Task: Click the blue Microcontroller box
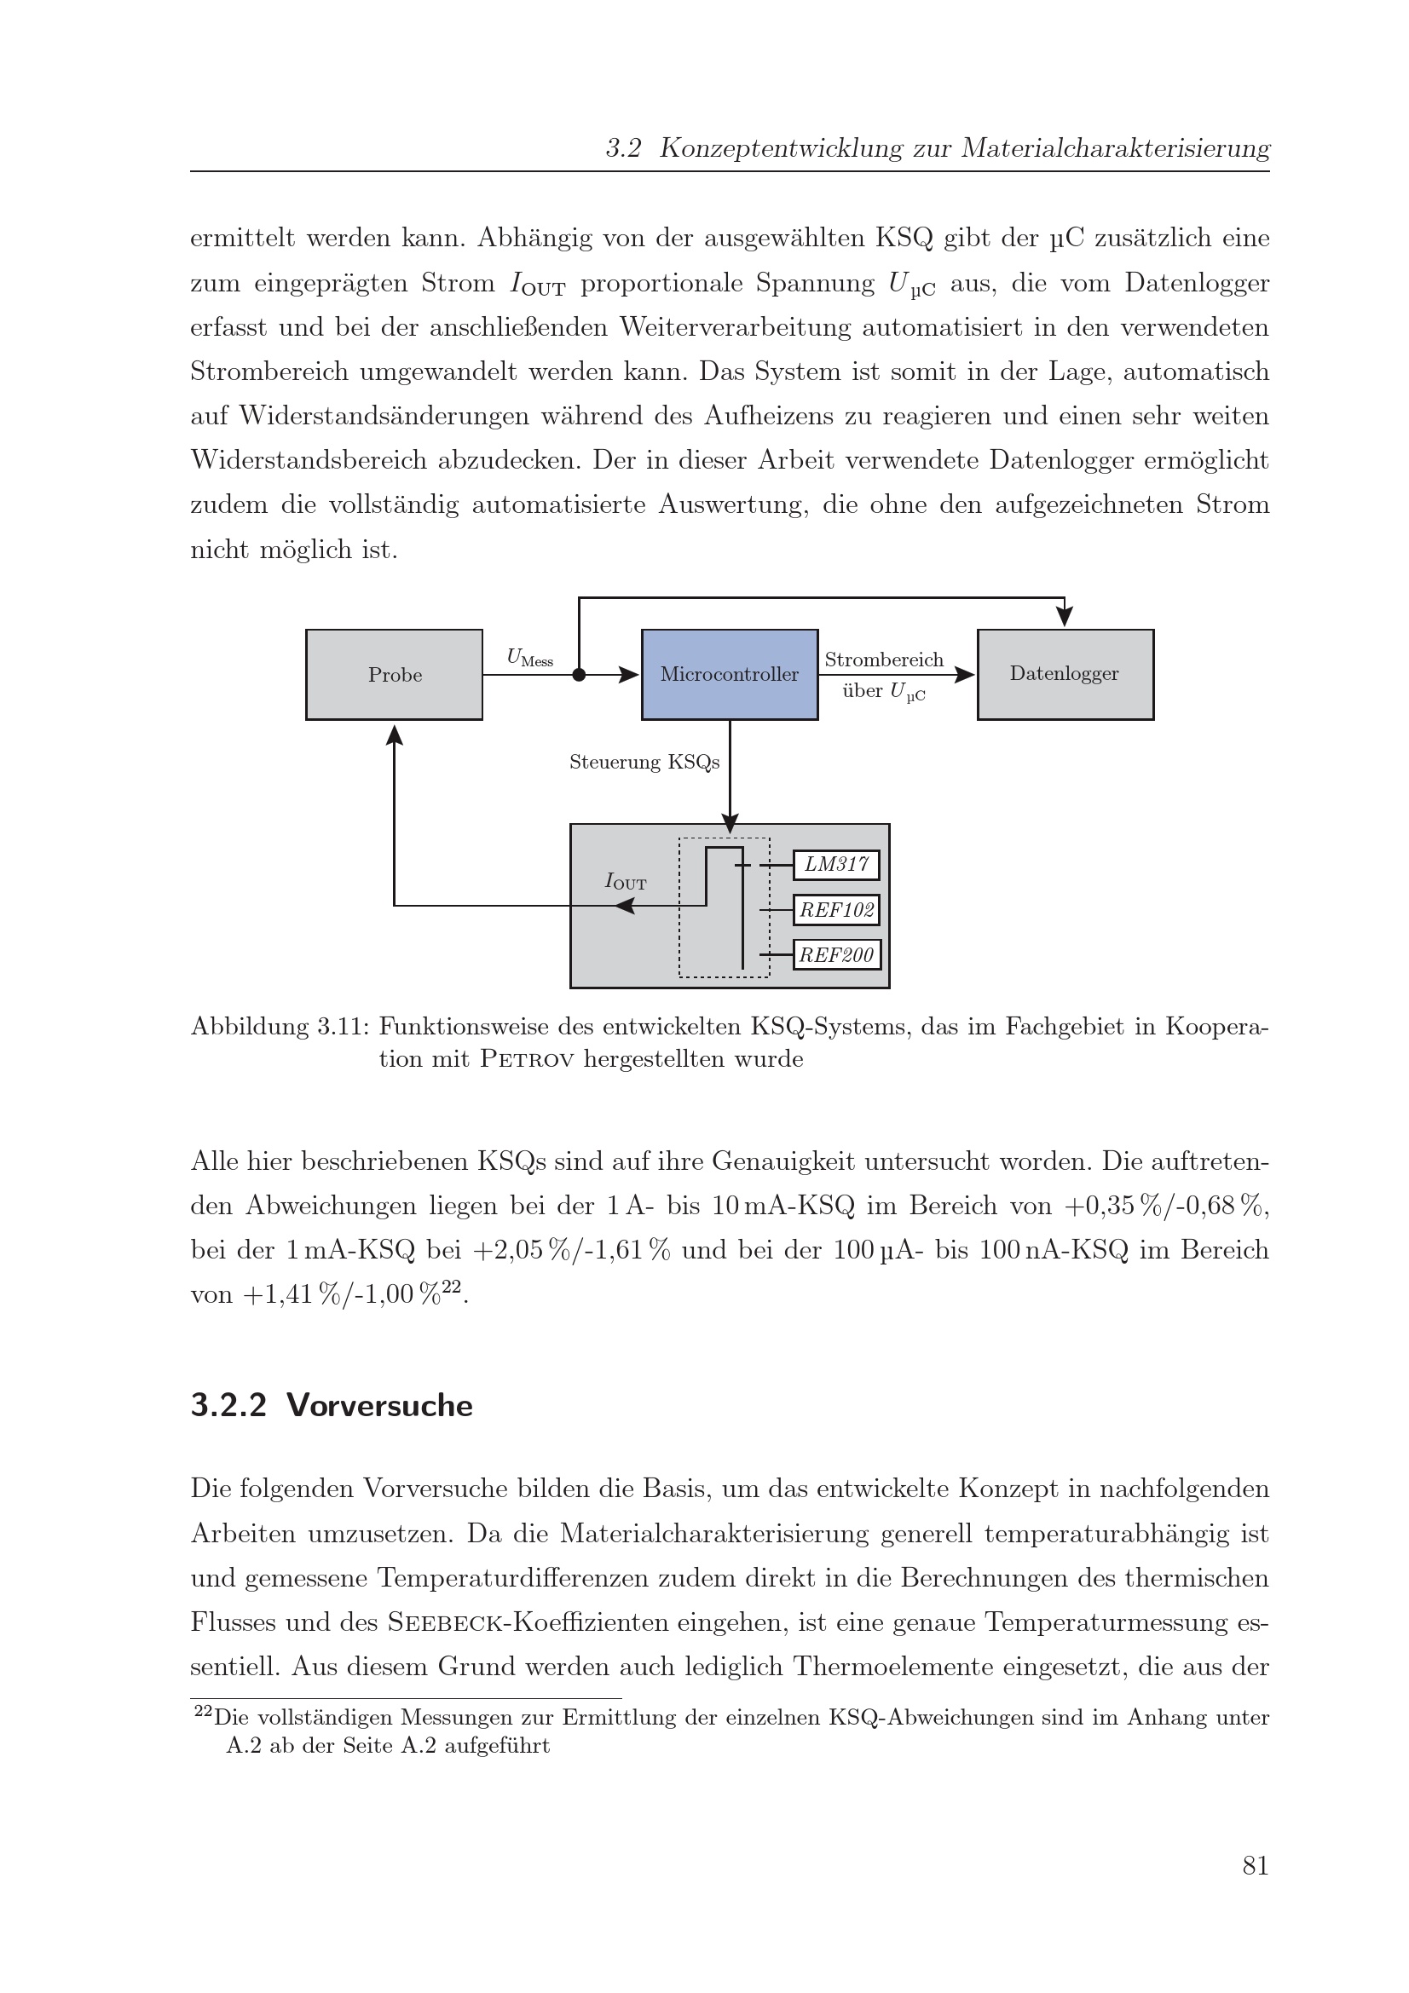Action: tap(730, 675)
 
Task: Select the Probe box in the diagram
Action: tap(394, 675)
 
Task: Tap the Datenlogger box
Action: tap(1065, 675)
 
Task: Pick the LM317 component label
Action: tap(836, 865)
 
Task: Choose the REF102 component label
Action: tap(836, 910)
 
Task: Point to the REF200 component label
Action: tap(836, 955)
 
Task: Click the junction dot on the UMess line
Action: tap(579, 675)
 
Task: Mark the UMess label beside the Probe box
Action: tap(529, 658)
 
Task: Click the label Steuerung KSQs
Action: tap(644, 762)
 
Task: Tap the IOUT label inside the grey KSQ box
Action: tap(625, 882)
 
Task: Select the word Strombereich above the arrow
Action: tap(884, 660)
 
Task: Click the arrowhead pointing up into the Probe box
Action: tap(394, 734)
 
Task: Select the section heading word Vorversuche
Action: tap(379, 1405)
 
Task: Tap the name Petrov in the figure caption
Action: tap(526, 1060)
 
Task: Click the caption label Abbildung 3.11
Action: tap(280, 1027)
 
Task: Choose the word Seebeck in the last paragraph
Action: tap(447, 1622)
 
